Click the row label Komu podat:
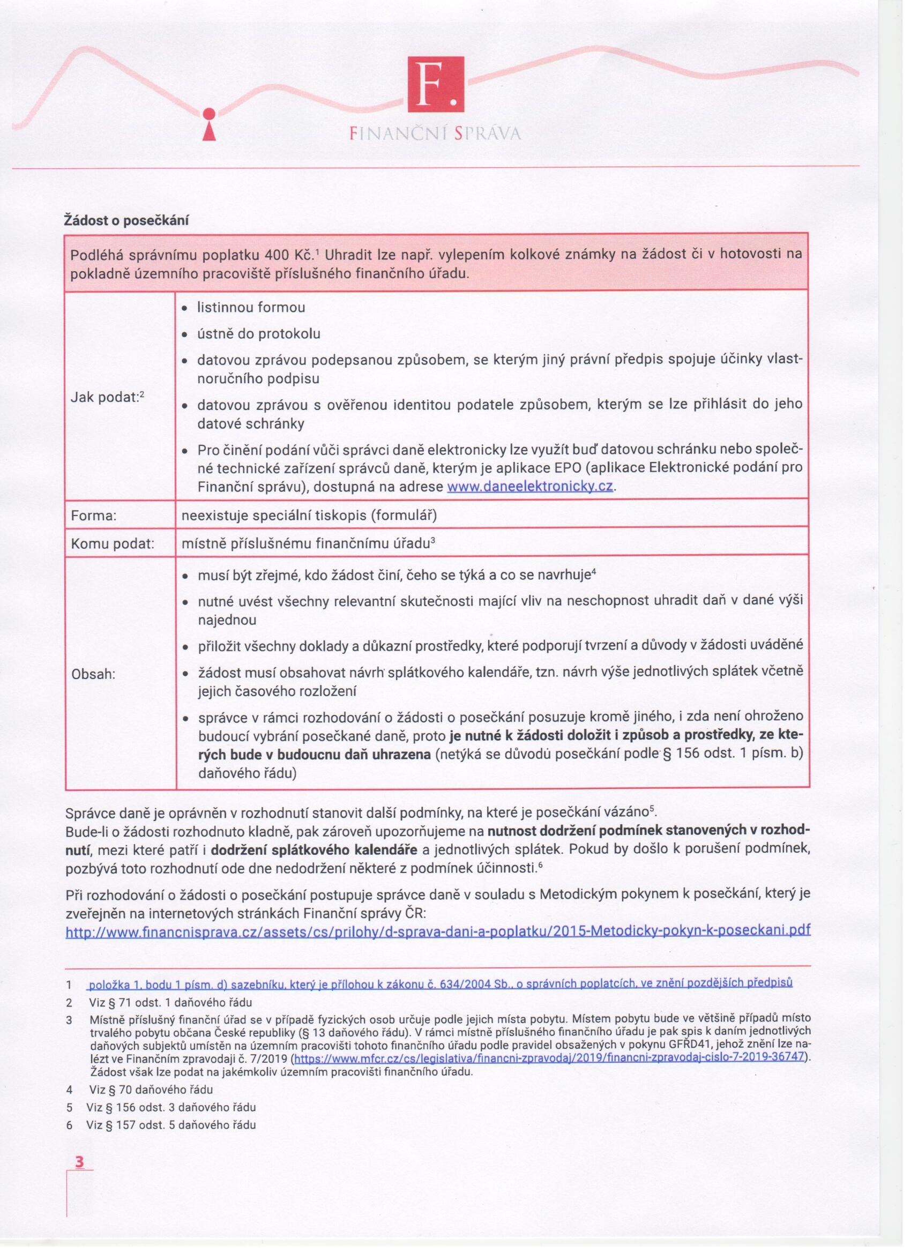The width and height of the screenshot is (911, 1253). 112,544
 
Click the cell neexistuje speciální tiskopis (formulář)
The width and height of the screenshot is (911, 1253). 309,516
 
